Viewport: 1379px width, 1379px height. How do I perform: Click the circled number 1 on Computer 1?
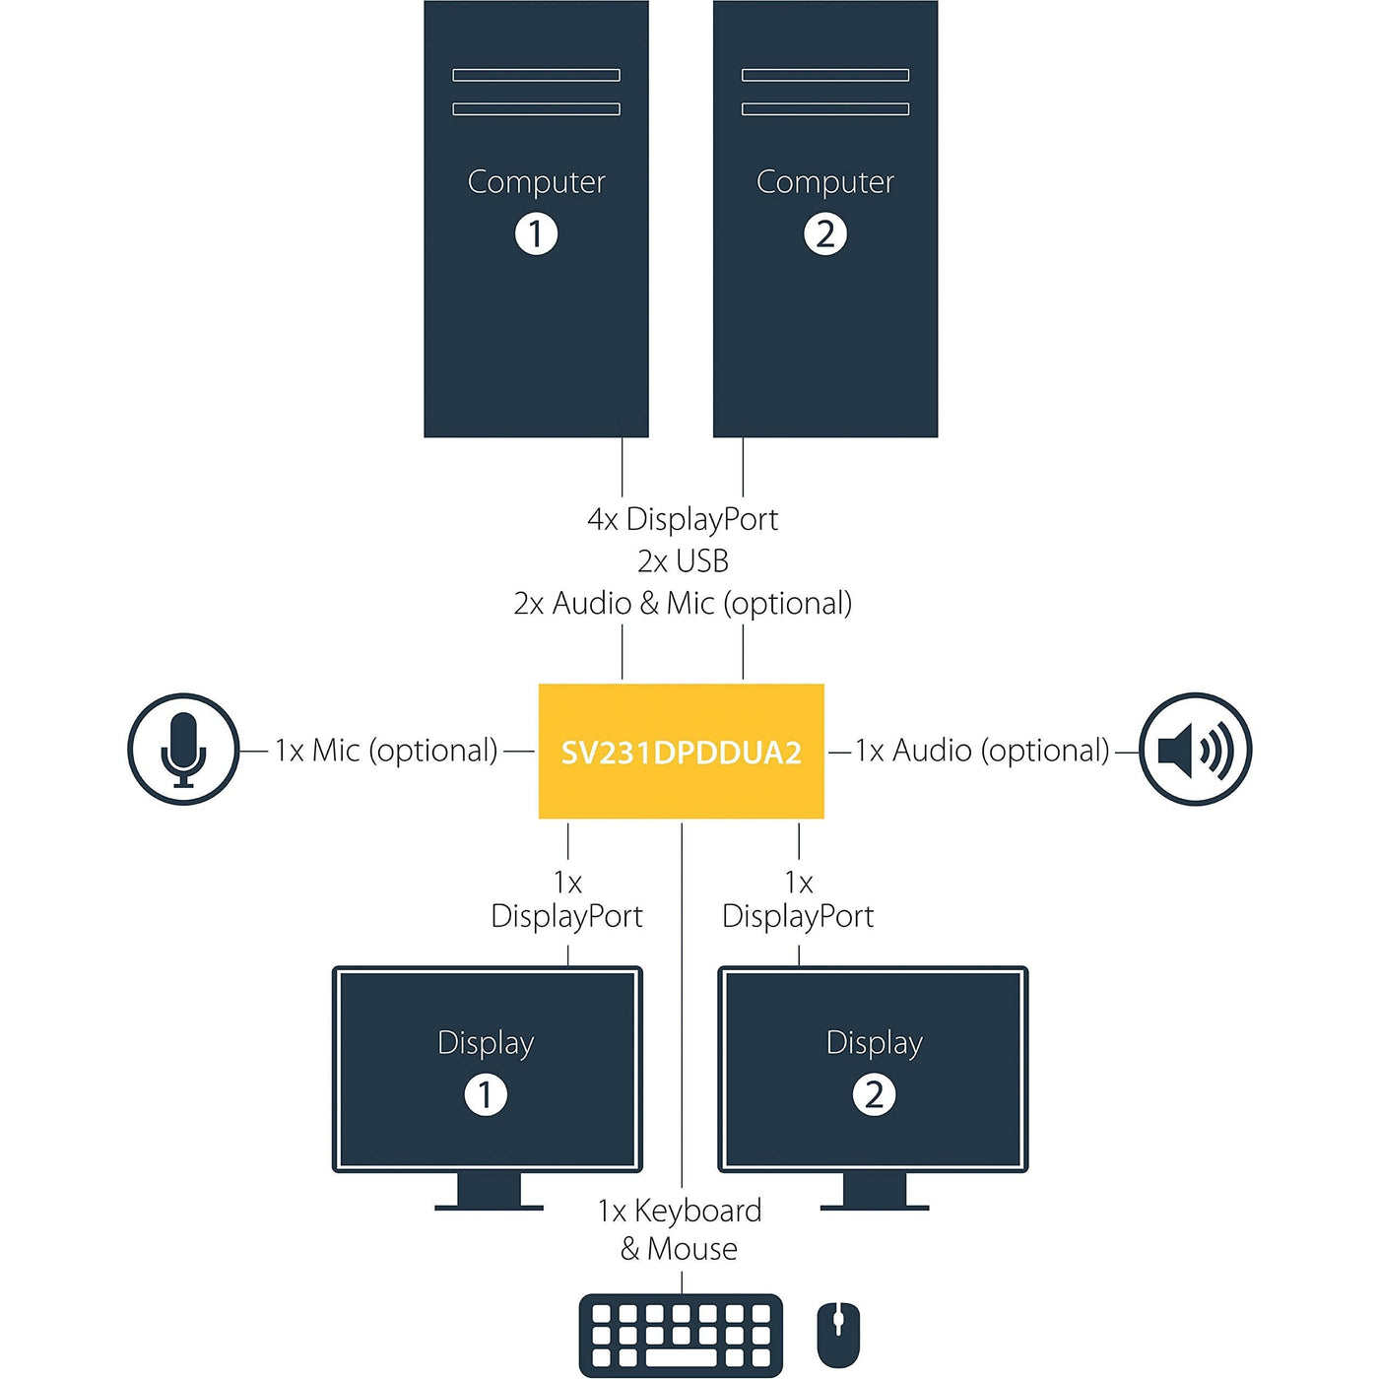point(536,234)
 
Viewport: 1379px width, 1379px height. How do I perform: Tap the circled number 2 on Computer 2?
point(825,234)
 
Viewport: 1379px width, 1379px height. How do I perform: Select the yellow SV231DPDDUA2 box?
point(681,752)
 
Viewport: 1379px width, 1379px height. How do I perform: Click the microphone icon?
point(183,750)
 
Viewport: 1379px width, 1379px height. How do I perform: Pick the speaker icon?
point(1195,750)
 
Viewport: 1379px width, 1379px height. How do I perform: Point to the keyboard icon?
point(681,1335)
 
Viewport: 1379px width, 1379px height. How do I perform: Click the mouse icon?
point(838,1335)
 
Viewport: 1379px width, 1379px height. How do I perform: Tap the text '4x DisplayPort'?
point(683,519)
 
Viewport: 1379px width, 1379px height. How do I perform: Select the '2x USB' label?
point(683,561)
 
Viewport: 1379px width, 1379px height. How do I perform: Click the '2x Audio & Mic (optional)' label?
point(683,604)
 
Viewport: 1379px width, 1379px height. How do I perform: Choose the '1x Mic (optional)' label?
point(386,751)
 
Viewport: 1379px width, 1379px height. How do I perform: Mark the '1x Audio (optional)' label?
point(982,751)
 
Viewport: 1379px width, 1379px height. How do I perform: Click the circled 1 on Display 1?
point(486,1094)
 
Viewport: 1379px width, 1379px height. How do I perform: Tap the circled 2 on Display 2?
point(874,1094)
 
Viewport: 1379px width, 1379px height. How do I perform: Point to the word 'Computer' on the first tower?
point(536,182)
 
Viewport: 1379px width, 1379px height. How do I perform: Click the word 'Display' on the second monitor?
point(874,1043)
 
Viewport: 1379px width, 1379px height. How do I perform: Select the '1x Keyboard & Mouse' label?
point(681,1229)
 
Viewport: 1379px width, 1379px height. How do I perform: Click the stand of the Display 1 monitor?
point(489,1191)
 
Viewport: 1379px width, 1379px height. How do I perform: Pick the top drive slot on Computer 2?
point(825,75)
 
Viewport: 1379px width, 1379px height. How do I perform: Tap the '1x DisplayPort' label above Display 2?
point(798,899)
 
